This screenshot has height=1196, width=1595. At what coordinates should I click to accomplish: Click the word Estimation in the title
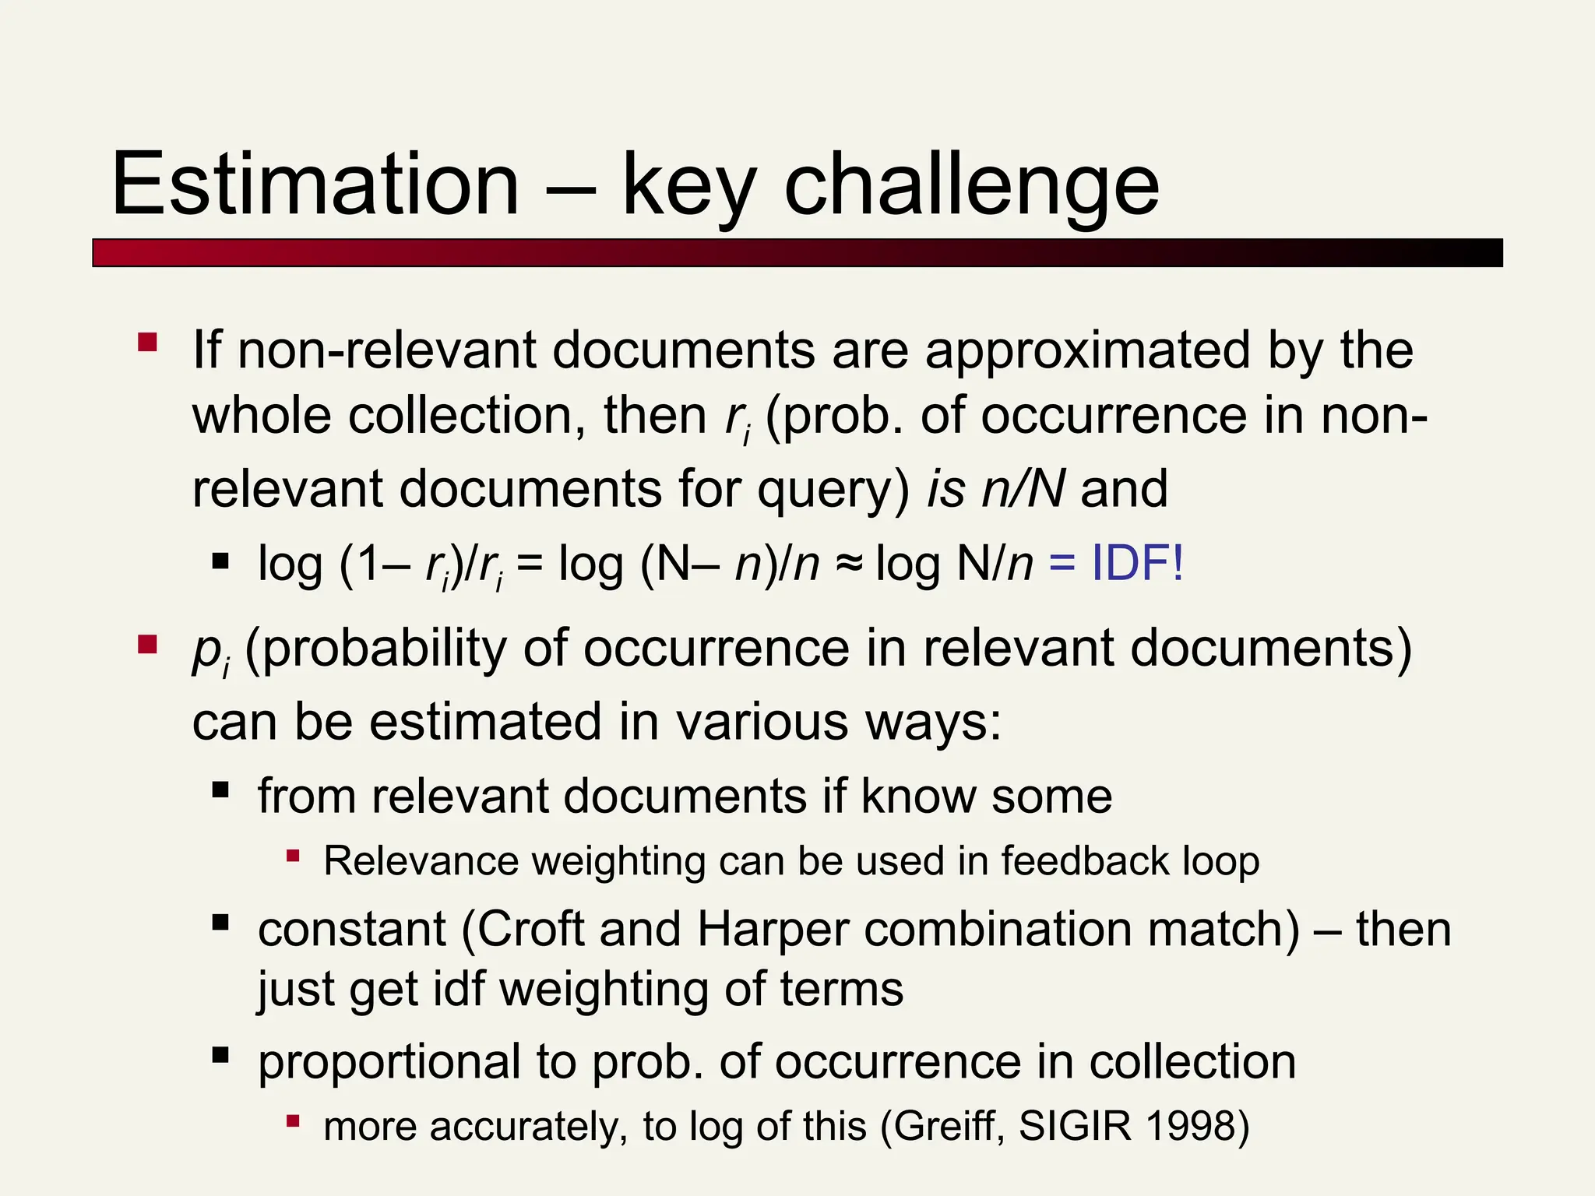click(315, 185)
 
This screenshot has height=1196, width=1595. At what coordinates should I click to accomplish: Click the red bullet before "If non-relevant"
click(147, 343)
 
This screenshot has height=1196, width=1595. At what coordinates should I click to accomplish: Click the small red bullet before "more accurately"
click(293, 1121)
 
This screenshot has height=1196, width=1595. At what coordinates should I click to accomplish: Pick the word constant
click(351, 930)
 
